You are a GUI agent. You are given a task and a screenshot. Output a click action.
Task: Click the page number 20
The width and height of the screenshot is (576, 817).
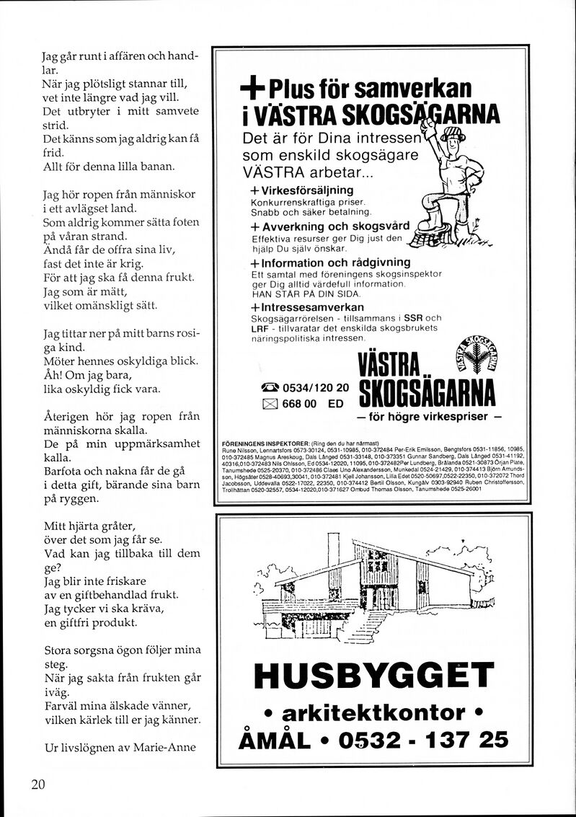point(39,785)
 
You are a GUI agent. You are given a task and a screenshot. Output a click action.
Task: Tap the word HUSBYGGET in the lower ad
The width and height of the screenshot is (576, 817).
point(373,676)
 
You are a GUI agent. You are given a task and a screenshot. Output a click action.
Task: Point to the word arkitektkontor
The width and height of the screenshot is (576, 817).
point(373,712)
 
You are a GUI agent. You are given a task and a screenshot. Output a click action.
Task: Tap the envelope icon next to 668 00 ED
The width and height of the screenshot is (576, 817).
point(270,404)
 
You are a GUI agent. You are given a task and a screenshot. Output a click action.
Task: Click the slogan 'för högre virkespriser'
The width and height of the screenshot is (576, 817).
point(429,418)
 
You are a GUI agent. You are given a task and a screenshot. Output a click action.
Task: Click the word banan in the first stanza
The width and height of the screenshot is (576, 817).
point(154,167)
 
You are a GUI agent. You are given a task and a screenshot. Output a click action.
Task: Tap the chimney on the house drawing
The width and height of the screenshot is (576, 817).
point(333,552)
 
